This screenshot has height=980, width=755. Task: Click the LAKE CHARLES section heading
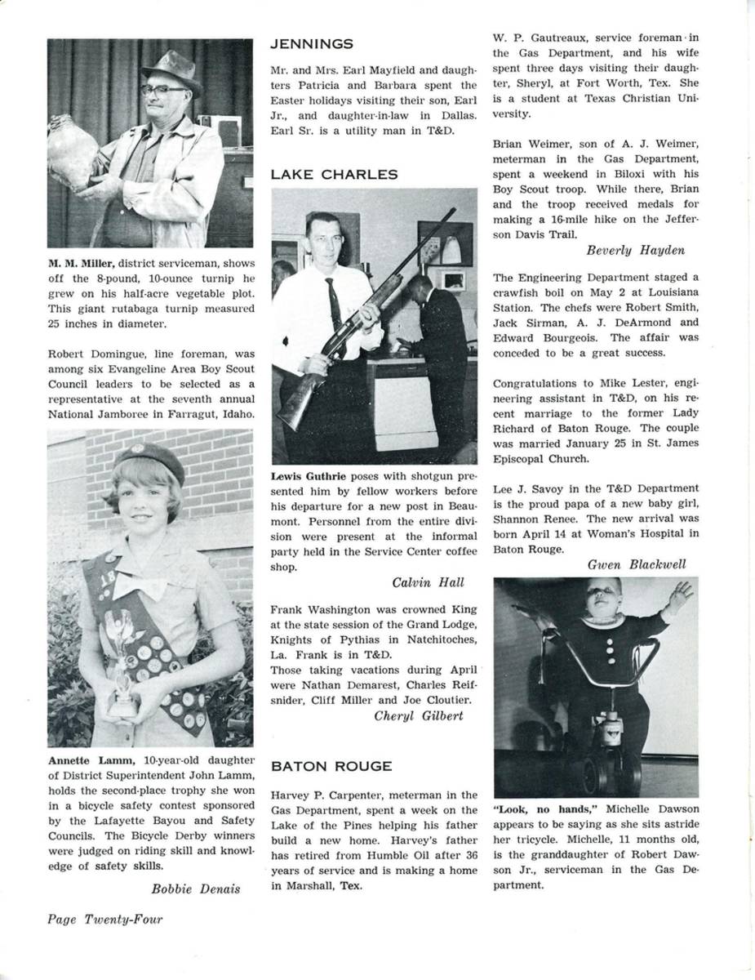coord(335,175)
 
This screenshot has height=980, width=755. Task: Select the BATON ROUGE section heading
coord(331,766)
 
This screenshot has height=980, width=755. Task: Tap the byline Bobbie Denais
coord(196,889)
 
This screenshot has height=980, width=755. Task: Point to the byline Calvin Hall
coord(428,582)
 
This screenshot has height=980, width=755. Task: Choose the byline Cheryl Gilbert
coord(419,715)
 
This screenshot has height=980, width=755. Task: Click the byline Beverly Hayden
coord(635,250)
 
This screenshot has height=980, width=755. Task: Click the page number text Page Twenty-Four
coord(104,920)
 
